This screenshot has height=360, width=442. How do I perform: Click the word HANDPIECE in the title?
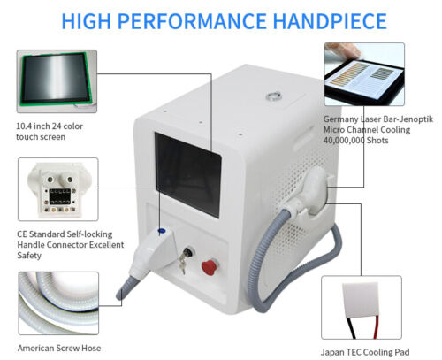323,19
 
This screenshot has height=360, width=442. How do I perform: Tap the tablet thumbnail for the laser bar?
363,80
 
